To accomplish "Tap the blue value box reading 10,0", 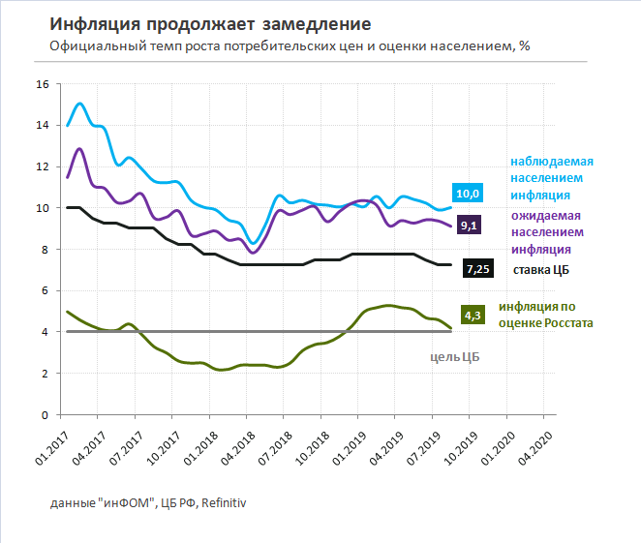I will click(467, 194).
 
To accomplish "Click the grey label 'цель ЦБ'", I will click(454, 356).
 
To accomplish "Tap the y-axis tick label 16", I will click(42, 84).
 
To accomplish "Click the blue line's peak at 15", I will click(79, 104).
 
